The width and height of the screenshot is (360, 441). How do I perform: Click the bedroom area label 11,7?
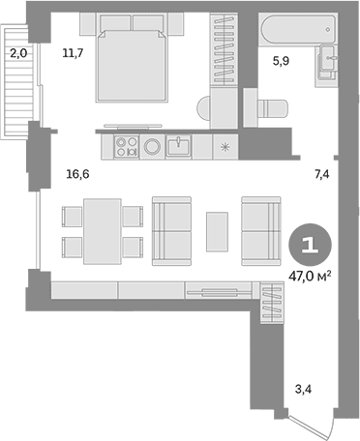(x=73, y=52)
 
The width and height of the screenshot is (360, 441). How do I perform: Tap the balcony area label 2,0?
(x=18, y=53)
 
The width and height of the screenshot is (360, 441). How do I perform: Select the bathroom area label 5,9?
(x=281, y=61)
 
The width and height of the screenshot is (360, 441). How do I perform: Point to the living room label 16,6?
(x=77, y=174)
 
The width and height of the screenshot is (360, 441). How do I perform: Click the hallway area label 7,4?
(x=322, y=174)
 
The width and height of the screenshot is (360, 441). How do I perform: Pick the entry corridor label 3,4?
(x=303, y=389)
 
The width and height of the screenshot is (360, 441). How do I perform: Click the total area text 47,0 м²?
(x=310, y=276)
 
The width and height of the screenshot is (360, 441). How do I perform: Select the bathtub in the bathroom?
(x=298, y=29)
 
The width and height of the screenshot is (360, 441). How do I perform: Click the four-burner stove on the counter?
(x=127, y=147)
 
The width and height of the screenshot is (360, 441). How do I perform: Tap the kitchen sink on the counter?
(x=178, y=146)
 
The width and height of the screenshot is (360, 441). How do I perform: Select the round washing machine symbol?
(x=152, y=147)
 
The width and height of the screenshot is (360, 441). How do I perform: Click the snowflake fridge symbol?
(x=225, y=147)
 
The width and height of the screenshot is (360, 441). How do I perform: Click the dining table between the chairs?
(x=103, y=231)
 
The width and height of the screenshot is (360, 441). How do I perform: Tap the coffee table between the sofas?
(x=217, y=231)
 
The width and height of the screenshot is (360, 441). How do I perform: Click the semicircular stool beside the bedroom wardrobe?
(x=203, y=108)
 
